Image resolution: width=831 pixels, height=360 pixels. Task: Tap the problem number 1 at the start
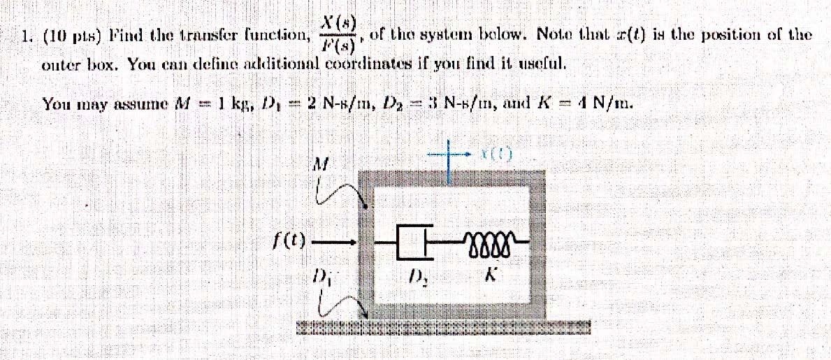click(x=26, y=35)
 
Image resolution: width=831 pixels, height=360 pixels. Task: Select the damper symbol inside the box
click(x=412, y=242)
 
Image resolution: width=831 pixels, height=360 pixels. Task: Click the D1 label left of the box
click(x=321, y=275)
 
